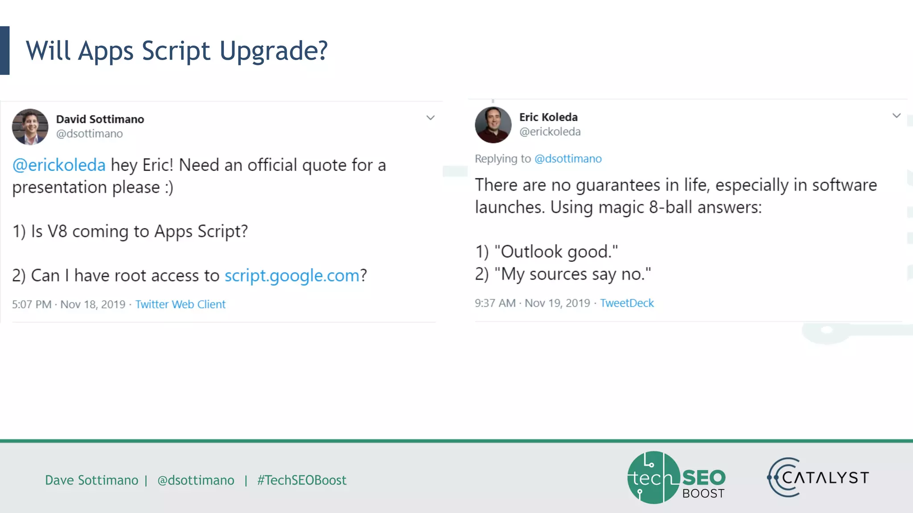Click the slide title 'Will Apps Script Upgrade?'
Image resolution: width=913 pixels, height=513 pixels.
click(177, 51)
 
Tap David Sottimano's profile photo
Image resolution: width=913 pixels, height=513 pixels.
click(30, 127)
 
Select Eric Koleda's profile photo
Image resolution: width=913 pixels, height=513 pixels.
click(493, 125)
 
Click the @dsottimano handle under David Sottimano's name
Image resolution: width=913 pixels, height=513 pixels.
click(89, 134)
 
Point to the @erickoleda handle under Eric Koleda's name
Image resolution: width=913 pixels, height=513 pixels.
click(550, 132)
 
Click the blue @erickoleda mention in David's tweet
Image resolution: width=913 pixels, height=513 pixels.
click(59, 165)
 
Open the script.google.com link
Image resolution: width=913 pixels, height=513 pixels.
click(292, 276)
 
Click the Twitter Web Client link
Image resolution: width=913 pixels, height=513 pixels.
click(180, 304)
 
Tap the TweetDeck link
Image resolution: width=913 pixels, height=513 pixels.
click(626, 303)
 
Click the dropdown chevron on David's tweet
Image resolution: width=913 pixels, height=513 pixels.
click(430, 118)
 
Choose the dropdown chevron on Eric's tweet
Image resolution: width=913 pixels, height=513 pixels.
click(897, 116)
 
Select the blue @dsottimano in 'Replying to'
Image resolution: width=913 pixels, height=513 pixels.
click(568, 159)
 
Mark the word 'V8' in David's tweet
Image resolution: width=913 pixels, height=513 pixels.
click(57, 232)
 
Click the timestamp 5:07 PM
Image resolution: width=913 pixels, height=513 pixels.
click(32, 304)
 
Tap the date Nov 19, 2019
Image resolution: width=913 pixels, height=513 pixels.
click(557, 303)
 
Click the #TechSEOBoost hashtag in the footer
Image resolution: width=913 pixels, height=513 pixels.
click(301, 480)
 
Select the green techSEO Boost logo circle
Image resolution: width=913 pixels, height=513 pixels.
click(654, 477)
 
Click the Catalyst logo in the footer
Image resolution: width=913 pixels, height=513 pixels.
click(818, 477)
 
